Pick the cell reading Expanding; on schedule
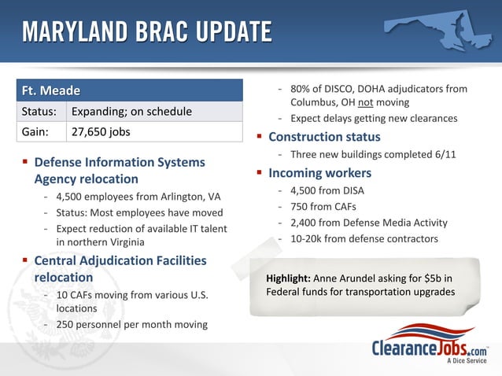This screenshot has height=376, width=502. (x=131, y=111)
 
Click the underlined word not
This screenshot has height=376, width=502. (x=383, y=103)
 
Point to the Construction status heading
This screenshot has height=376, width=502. (x=324, y=137)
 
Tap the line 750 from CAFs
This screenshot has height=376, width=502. (x=322, y=206)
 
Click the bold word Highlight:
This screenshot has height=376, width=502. (x=288, y=278)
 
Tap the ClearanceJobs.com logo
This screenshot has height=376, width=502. (x=429, y=345)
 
